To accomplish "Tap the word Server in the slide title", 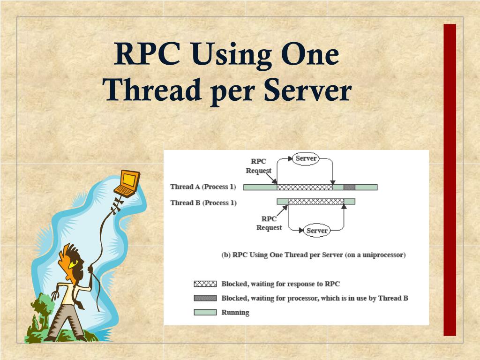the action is [307, 90].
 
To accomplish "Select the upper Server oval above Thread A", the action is [306, 158].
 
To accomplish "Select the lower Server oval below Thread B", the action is [317, 231].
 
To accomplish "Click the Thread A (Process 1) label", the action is [202, 187].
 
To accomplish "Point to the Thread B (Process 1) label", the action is [203, 203].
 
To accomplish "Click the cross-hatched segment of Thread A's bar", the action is [305, 187].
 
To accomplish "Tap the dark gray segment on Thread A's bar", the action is [349, 187].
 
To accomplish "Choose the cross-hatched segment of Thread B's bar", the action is [316, 202].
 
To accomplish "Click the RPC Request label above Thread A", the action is [259, 166].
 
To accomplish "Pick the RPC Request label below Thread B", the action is [269, 223].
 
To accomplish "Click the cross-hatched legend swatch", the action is [205, 284].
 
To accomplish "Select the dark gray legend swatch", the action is [205, 298].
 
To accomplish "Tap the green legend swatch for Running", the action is [205, 312].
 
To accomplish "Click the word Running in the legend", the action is [235, 313].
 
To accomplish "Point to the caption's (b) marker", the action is [225, 255].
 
